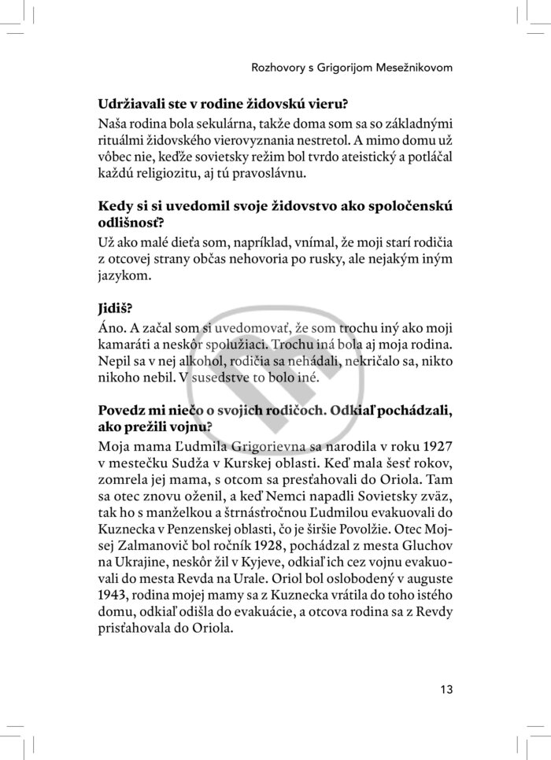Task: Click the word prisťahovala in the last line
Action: [136, 627]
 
